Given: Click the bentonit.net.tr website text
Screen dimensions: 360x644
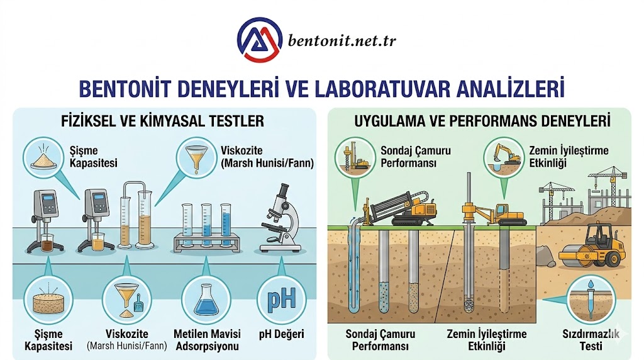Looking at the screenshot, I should [x=342, y=42].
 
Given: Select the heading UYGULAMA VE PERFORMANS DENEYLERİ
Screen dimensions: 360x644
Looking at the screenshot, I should [x=482, y=120].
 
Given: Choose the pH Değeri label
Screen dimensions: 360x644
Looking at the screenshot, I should [x=281, y=334].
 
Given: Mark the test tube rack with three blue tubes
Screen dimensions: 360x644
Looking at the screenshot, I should [x=203, y=228].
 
